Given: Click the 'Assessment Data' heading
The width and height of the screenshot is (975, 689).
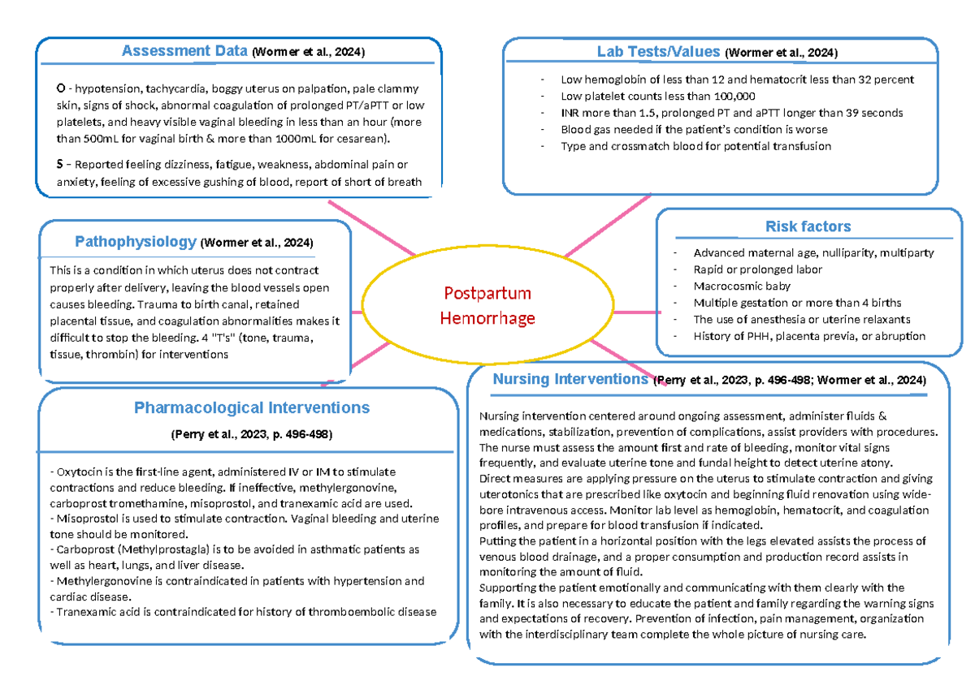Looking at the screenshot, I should click(184, 51).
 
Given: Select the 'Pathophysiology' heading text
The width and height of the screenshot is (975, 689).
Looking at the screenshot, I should click(136, 242).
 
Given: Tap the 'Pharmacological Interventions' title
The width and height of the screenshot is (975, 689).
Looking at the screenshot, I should click(251, 407).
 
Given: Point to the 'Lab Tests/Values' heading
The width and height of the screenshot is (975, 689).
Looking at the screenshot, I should click(658, 52).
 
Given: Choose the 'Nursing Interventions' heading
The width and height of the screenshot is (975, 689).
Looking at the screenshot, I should click(570, 379).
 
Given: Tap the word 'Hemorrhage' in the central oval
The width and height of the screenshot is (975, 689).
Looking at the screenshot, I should click(487, 317).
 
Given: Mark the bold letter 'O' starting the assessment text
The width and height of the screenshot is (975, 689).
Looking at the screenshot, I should click(60, 89).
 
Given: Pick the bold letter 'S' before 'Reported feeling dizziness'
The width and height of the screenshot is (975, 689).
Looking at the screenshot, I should click(59, 166).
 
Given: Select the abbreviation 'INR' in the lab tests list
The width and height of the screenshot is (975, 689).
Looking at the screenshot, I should click(571, 113).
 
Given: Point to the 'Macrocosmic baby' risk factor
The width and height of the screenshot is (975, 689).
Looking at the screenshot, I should click(742, 286).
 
